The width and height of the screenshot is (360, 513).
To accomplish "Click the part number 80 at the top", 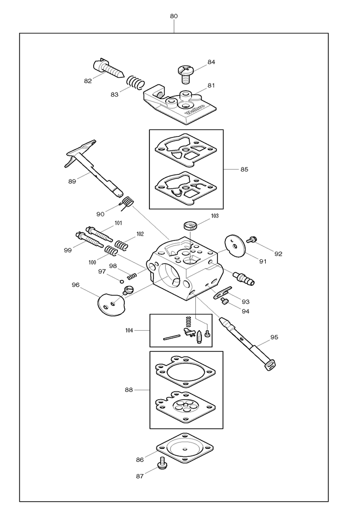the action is pyautogui.click(x=174, y=16).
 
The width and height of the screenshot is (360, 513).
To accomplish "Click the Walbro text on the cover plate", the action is pyautogui.click(x=195, y=109).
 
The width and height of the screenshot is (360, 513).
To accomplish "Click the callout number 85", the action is pyautogui.click(x=244, y=169).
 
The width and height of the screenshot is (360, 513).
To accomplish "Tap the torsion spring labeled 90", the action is pyautogui.click(x=126, y=204).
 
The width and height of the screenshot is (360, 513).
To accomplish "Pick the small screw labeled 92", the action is pyautogui.click(x=251, y=239).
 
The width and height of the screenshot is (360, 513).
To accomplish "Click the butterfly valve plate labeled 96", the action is pyautogui.click(x=111, y=304).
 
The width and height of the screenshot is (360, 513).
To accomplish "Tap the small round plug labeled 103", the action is pyautogui.click(x=190, y=225).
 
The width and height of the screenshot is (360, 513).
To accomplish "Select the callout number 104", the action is pyautogui.click(x=129, y=331).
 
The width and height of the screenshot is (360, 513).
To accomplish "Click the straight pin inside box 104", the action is pyautogui.click(x=172, y=337).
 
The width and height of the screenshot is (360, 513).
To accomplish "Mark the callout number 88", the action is pyautogui.click(x=129, y=390).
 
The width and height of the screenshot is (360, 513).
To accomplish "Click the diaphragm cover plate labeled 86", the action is pyautogui.click(x=185, y=448).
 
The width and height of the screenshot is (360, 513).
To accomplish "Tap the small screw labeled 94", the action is pyautogui.click(x=224, y=301).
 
